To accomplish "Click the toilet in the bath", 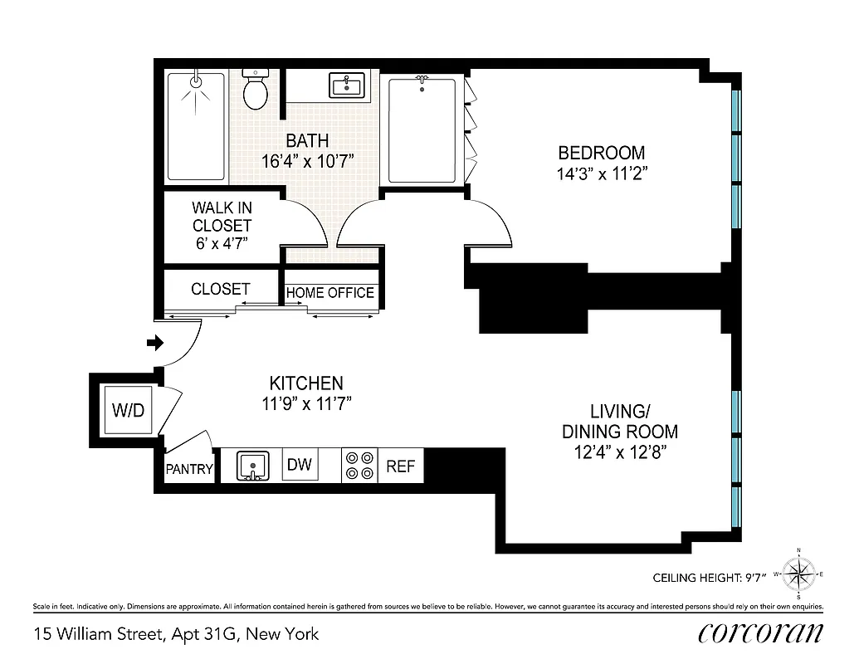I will tap(255, 90).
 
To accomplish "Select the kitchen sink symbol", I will tap(251, 466).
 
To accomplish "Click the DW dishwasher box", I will tap(300, 464).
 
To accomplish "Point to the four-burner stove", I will tap(359, 466).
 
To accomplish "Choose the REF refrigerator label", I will tap(400, 466).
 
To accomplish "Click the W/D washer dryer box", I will tap(129, 410).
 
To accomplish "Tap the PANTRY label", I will tap(189, 469).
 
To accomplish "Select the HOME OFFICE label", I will tap(330, 293).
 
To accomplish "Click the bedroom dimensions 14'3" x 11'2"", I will tap(602, 174).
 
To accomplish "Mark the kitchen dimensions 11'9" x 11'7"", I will tap(306, 405).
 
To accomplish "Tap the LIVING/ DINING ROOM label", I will tap(619, 422).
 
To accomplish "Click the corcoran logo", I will tap(761, 632).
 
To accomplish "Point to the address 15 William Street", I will tap(100, 634).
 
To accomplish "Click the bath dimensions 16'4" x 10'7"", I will tap(308, 161).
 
